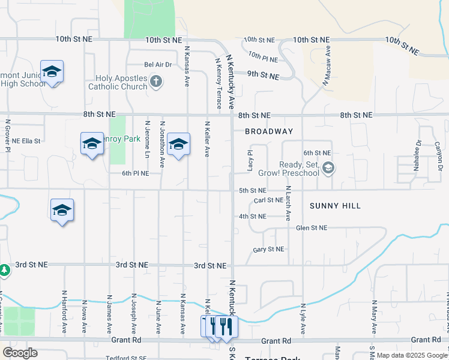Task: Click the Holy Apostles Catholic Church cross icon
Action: [155, 81]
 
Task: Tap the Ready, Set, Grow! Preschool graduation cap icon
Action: [327, 168]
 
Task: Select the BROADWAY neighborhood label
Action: [269, 131]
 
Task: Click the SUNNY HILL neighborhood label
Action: [335, 206]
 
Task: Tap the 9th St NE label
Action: [263, 76]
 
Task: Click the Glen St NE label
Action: [312, 228]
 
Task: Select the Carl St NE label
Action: [268, 200]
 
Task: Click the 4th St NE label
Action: [252, 216]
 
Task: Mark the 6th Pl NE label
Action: [135, 173]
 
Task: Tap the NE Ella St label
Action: [26, 141]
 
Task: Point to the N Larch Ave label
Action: [288, 203]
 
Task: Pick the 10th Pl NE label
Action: [262, 58]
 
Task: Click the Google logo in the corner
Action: [20, 352]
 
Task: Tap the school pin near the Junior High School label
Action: [52, 72]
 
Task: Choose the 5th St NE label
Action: [252, 190]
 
